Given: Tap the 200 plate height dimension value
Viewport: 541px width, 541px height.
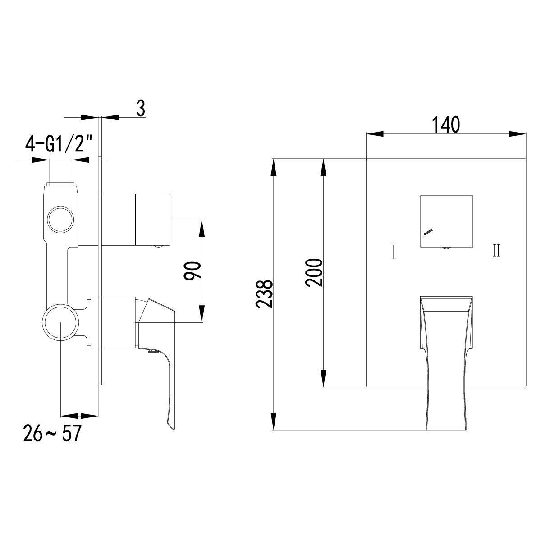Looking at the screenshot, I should pyautogui.click(x=314, y=273).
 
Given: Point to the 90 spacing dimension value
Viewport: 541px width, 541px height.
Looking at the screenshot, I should pyautogui.click(x=192, y=270).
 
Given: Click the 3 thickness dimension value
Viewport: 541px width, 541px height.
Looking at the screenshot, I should pyautogui.click(x=141, y=109).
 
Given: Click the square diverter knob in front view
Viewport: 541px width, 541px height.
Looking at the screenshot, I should pyautogui.click(x=446, y=221).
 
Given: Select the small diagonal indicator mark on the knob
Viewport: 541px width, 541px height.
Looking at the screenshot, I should pyautogui.click(x=427, y=232).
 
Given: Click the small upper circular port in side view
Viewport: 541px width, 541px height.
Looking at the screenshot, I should pyautogui.click(x=60, y=220).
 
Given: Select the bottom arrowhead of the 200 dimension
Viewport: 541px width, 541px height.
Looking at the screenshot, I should pyautogui.click(x=323, y=379).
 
